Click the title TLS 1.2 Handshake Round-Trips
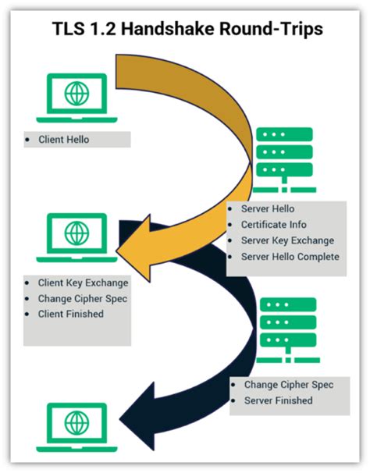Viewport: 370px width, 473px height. pyautogui.click(x=186, y=29)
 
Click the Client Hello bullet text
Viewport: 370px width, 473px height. pyautogui.click(x=65, y=140)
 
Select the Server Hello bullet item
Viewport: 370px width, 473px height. pyautogui.click(x=269, y=210)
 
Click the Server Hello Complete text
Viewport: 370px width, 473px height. pyautogui.click(x=290, y=256)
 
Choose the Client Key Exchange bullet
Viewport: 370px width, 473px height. pyautogui.click(x=83, y=283)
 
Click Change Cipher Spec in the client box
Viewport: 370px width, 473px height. pyautogui.click(x=82, y=299)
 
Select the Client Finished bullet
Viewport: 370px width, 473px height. pyautogui.click(x=70, y=314)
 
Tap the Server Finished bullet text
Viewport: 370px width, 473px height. pyautogui.click(x=278, y=400)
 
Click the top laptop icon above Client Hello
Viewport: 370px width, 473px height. pyautogui.click(x=76, y=98)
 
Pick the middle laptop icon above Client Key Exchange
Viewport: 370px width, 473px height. pyautogui.click(x=76, y=235)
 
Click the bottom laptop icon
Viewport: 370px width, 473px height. pyautogui.click(x=76, y=425)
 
